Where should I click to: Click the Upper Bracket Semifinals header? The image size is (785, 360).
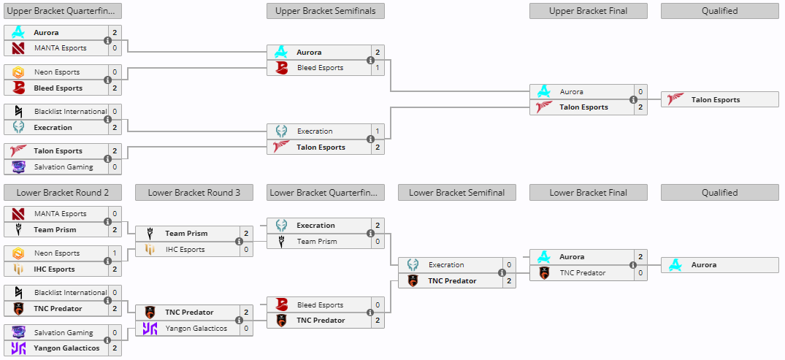pos(325,11)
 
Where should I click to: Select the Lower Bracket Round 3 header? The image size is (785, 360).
pos(194,193)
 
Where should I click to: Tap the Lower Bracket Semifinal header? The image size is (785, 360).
pos(456,193)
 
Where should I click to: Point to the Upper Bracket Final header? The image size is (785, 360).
pos(588,11)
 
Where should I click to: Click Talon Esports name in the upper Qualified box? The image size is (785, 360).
pos(715,100)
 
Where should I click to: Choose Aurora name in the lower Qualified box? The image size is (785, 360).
pos(703,265)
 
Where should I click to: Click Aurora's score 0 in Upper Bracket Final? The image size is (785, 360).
pos(640,92)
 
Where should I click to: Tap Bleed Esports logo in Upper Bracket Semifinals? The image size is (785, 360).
pos(281,68)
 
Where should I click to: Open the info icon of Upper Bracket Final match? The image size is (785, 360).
pos(634,100)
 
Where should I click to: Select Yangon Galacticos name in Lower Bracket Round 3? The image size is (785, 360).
pos(196,329)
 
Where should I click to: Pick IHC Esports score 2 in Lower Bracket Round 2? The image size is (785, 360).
pos(115,269)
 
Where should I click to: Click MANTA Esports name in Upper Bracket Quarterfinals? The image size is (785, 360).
pos(60,48)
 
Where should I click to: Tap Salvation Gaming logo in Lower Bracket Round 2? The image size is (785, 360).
pos(18,333)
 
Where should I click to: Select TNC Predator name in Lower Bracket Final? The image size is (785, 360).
pos(582,273)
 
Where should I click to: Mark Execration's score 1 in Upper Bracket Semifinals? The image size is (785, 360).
pos(378,131)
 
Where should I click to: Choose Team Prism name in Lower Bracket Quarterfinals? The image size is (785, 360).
pos(316,242)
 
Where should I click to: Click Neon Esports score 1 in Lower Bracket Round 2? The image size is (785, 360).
pos(115,253)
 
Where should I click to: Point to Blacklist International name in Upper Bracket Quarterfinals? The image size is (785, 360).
pos(70,112)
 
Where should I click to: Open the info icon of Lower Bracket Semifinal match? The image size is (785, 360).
pos(502,273)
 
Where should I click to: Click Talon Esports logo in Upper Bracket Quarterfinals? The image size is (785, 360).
pos(18,151)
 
